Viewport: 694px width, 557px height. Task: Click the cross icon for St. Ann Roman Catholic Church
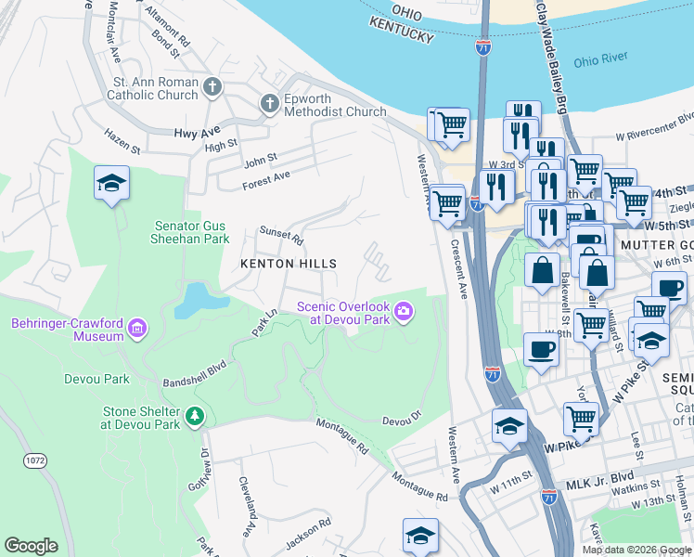point(212,88)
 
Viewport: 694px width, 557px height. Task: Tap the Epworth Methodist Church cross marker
point(270,103)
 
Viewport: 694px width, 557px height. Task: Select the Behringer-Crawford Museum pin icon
point(137,327)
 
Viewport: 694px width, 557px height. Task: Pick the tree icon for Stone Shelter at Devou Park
point(193,414)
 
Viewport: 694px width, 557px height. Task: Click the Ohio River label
point(600,62)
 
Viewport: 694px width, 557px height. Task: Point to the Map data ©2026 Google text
point(636,550)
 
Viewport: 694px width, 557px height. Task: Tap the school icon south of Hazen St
point(111,184)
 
